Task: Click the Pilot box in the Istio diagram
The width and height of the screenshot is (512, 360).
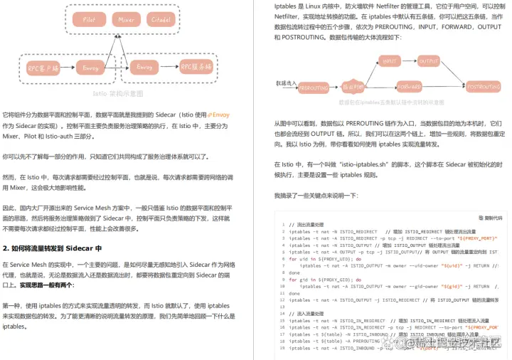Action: click(x=89, y=20)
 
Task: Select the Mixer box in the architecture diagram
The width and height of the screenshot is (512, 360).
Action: click(x=127, y=20)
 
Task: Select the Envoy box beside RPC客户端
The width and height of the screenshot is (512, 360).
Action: click(x=90, y=68)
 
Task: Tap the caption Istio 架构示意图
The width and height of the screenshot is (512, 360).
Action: click(x=118, y=93)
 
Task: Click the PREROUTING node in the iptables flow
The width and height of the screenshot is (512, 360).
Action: click(x=314, y=86)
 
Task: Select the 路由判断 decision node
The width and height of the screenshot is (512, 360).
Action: click(x=353, y=86)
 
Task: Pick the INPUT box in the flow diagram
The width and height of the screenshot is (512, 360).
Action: click(x=390, y=61)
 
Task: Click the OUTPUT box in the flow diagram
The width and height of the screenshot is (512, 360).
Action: click(x=429, y=61)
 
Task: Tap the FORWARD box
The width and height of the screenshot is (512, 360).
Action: click(x=410, y=86)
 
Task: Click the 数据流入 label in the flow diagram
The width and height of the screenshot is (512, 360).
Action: click(x=285, y=83)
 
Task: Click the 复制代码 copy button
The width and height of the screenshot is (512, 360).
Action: click(x=490, y=198)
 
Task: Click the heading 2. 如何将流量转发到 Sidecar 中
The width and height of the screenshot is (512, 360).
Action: click(x=53, y=248)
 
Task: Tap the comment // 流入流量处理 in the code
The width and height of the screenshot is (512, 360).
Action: click(x=307, y=313)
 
